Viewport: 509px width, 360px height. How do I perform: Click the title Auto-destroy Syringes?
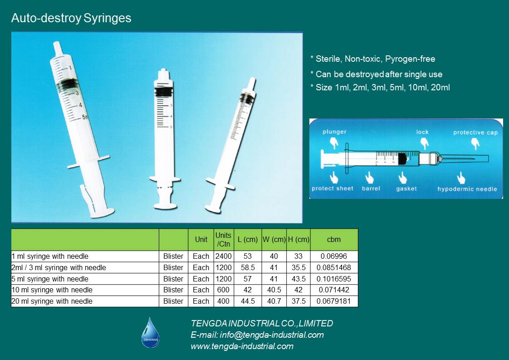point(71,18)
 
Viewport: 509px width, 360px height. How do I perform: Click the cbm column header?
point(334,239)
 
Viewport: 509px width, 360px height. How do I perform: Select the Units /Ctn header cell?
point(223,239)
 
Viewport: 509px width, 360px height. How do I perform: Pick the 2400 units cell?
point(223,256)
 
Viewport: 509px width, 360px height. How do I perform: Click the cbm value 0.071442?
point(334,290)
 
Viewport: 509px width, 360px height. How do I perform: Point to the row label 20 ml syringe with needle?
point(52,301)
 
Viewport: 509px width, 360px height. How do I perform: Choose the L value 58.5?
point(248,267)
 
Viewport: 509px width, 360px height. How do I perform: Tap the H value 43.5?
point(299,279)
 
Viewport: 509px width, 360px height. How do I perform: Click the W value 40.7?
point(274,301)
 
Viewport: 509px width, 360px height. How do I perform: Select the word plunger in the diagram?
point(334,132)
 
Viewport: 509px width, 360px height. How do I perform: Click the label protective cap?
point(475,132)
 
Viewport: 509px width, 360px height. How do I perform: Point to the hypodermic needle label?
point(467,189)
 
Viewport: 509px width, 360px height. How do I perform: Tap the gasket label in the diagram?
point(406,188)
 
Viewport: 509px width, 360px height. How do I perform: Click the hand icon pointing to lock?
point(424,143)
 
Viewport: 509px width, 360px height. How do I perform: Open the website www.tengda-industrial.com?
point(242,346)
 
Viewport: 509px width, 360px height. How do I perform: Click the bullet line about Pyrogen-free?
point(372,59)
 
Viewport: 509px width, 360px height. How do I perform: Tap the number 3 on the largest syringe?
point(77,93)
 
